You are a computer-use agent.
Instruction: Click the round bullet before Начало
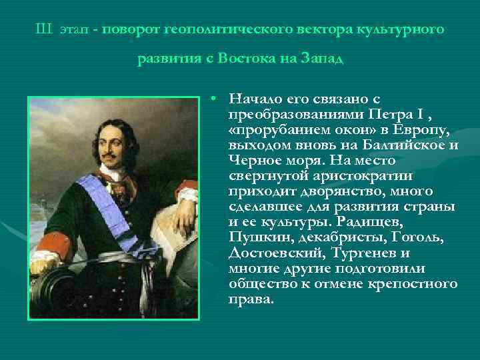(x=210, y=99)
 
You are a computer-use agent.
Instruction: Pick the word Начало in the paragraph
(x=251, y=99)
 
